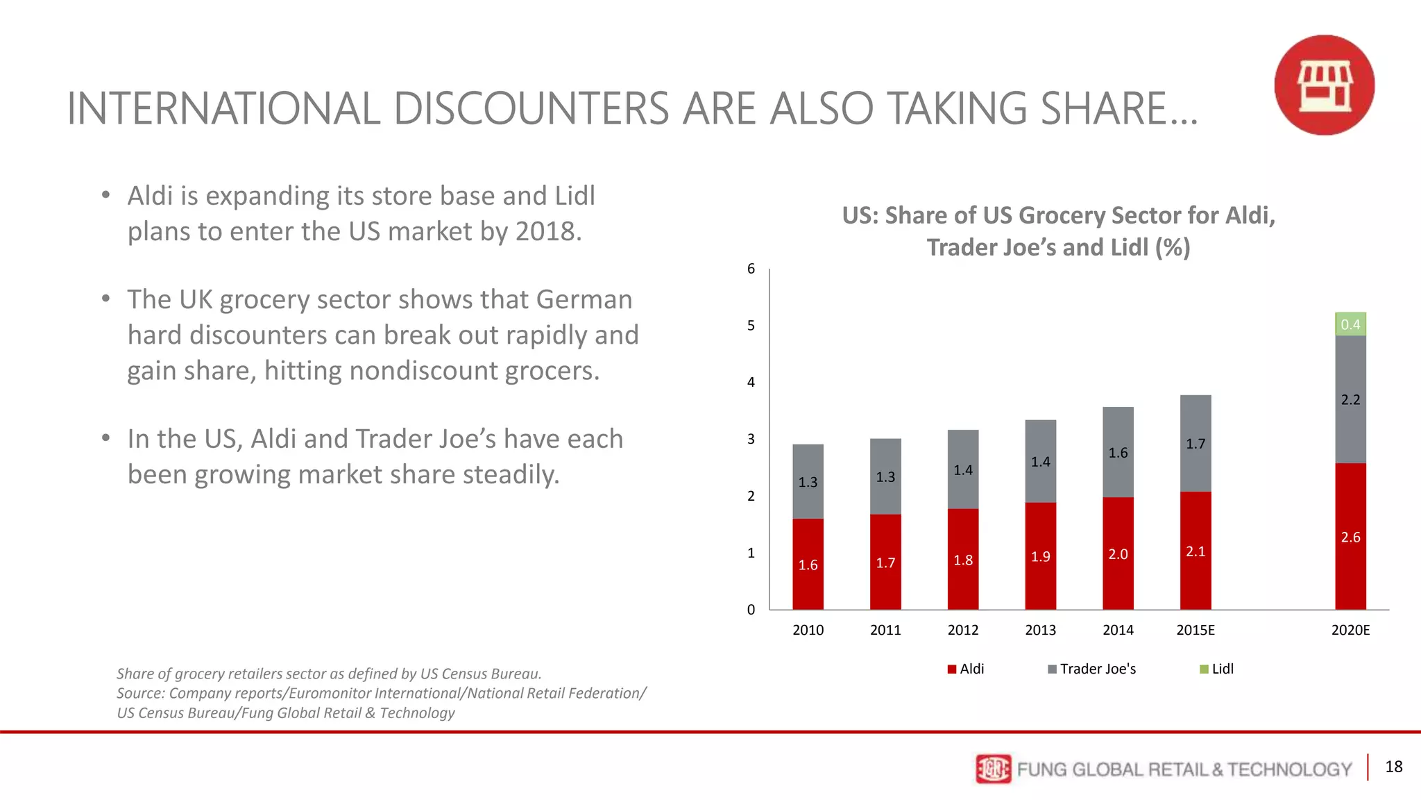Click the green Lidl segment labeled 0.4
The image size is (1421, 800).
(x=1350, y=324)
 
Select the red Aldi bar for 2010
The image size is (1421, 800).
(x=808, y=564)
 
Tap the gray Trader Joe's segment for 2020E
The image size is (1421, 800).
(x=1350, y=399)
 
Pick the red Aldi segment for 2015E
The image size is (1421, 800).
(x=1195, y=550)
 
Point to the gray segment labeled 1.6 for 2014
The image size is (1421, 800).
(x=1118, y=452)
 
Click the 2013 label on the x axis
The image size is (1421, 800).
(x=1040, y=630)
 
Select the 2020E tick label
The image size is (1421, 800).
(x=1350, y=630)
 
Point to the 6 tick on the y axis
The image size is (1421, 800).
(x=751, y=269)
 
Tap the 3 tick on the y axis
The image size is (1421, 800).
(x=751, y=439)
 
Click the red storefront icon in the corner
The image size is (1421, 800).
(x=1324, y=85)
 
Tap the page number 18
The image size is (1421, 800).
(x=1393, y=767)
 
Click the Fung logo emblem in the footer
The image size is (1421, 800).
(x=993, y=769)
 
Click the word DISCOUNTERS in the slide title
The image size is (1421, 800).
(x=531, y=109)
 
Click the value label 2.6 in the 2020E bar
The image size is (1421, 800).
(x=1350, y=537)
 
